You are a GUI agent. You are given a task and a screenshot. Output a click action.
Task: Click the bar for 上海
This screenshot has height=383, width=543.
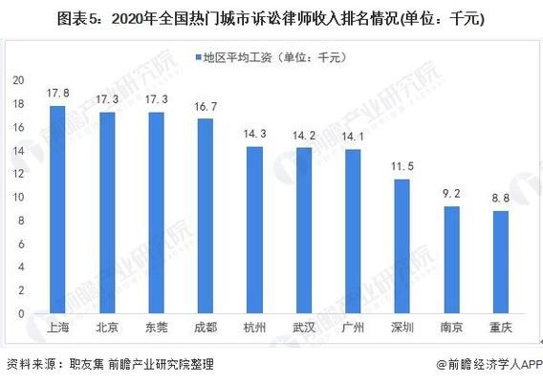point(57,210)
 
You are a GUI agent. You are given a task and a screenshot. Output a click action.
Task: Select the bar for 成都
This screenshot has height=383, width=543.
point(205,217)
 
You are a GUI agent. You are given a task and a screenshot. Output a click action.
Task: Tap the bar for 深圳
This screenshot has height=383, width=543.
point(402,246)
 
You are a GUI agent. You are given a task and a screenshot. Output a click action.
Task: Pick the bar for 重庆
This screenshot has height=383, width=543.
point(500,263)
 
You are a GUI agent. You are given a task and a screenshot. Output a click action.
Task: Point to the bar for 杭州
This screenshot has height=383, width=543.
point(253,230)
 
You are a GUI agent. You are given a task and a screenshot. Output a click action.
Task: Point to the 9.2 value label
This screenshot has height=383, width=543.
point(451,195)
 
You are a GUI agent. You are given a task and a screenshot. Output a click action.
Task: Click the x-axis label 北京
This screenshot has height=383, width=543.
point(107,328)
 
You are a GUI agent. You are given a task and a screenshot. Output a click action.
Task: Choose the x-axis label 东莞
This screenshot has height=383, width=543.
point(156,328)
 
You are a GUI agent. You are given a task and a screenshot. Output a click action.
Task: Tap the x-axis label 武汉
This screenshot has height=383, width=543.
point(303,328)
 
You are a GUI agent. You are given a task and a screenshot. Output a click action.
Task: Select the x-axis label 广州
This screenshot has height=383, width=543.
point(353,328)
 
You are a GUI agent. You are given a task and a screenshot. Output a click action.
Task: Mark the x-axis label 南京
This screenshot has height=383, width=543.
point(451,328)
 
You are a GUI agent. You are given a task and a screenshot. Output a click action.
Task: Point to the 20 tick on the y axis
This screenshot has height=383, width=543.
point(18,81)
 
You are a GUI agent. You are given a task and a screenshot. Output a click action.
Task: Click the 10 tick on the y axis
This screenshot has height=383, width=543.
point(18,197)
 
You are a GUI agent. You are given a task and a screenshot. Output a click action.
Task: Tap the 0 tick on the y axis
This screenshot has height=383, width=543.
point(21,313)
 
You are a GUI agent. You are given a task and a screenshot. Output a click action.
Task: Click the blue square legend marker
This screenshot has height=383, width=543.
point(196,57)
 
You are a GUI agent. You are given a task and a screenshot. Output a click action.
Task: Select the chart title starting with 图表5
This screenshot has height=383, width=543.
point(271,17)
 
